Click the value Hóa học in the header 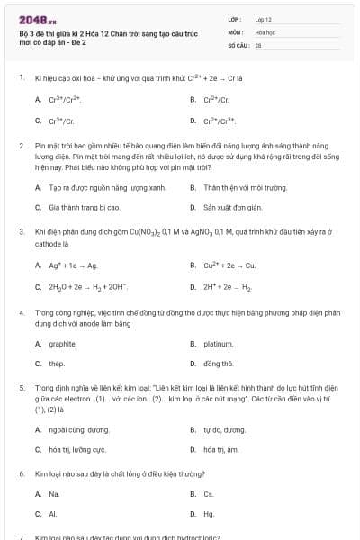pyautogui.click(x=265, y=31)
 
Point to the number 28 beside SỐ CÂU pyautogui.click(x=258, y=44)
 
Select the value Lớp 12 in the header pyautogui.click(x=264, y=19)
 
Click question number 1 pyautogui.click(x=21, y=78)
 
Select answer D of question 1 pyautogui.click(x=219, y=120)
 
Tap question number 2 pyautogui.click(x=21, y=144)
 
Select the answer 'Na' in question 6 pyautogui.click(x=54, y=494)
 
